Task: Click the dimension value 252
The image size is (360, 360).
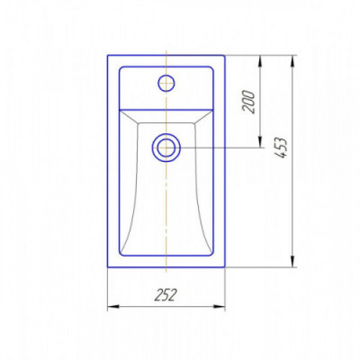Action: click(x=166, y=295)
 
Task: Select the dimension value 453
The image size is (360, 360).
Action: click(x=281, y=148)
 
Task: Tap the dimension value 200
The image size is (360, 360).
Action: click(x=249, y=102)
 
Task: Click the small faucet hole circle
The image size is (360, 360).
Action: click(x=166, y=83)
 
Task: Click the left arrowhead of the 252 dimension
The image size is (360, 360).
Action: click(x=113, y=306)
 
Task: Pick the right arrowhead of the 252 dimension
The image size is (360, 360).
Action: click(x=220, y=306)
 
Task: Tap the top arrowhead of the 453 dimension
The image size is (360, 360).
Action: click(x=292, y=61)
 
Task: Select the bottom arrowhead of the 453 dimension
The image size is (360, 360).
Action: click(x=292, y=261)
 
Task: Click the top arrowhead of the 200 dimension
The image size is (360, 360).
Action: click(x=260, y=61)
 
